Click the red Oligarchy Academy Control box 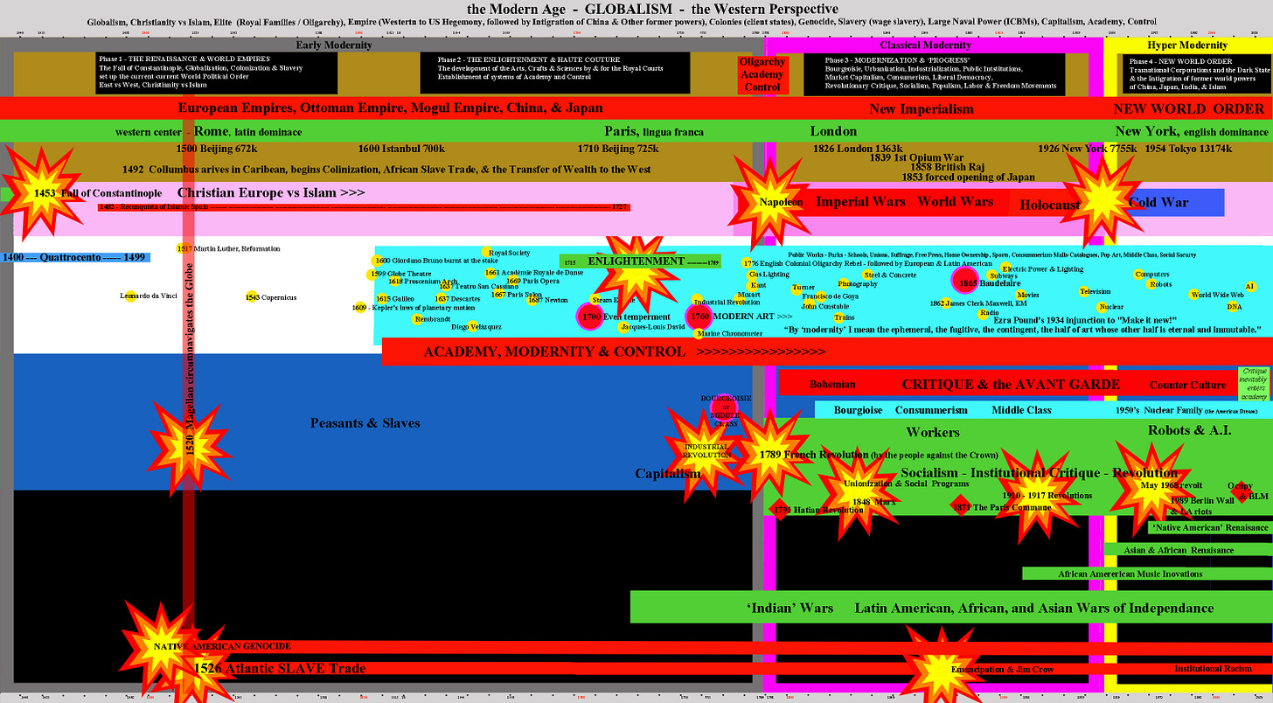pos(762,74)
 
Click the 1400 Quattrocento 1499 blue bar pos(75,257)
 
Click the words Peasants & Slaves pos(365,423)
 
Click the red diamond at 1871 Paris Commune pos(959,507)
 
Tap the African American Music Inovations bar pos(1130,574)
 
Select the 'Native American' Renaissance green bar pos(1209,527)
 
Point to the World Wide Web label pos(1218,296)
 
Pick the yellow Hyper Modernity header pos(1186,45)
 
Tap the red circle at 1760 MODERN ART pos(699,316)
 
